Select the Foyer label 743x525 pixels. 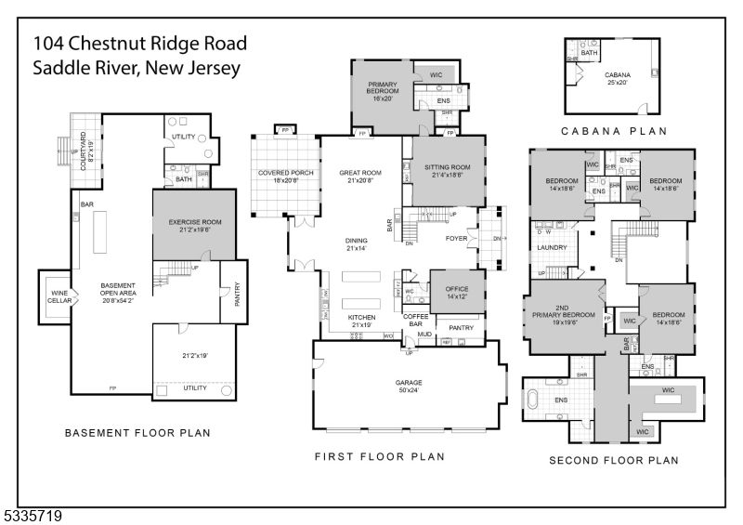pos(456,237)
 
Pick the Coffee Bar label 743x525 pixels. pos(415,320)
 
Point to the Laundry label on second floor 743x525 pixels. pos(551,248)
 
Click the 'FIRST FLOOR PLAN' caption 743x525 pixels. pos(379,456)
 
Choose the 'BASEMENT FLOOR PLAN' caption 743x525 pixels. pos(137,432)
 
